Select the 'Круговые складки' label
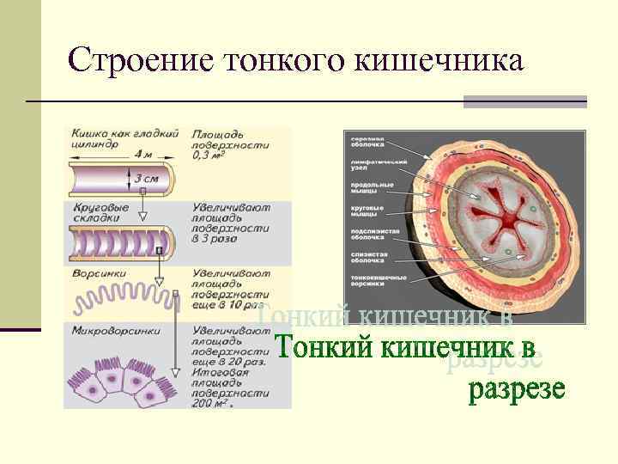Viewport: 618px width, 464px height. [101, 212]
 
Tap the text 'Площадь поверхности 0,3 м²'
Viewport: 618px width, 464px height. [230, 145]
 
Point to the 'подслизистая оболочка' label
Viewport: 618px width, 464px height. [372, 235]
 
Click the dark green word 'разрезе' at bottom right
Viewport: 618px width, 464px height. [516, 389]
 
